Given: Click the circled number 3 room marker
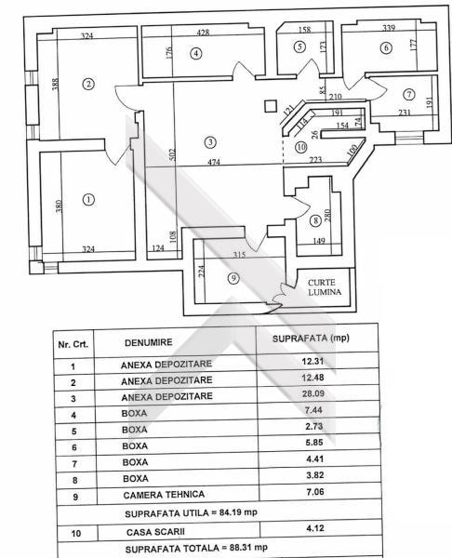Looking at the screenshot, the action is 210,142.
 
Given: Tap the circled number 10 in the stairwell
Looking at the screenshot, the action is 300,147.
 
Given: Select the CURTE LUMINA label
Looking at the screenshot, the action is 325,287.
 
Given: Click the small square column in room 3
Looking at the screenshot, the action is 271,106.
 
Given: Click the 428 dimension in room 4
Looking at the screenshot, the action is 204,33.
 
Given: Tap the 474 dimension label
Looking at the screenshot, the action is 214,162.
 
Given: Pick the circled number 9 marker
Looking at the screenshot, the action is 233,278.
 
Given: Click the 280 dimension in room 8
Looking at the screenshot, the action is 327,216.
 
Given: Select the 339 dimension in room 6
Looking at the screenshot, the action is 389,28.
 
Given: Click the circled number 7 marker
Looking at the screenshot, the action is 409,94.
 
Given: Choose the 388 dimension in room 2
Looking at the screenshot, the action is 55,84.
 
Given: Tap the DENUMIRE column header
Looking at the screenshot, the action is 149,342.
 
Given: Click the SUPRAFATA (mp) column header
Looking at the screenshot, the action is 311,339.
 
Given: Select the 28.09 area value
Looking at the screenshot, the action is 313,393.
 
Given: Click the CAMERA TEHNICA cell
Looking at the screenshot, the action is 164,495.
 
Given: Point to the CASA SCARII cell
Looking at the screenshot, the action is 155,532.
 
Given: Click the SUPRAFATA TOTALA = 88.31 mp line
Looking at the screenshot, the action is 196,548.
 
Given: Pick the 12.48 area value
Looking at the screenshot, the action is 312,378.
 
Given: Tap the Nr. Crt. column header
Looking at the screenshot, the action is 73,344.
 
